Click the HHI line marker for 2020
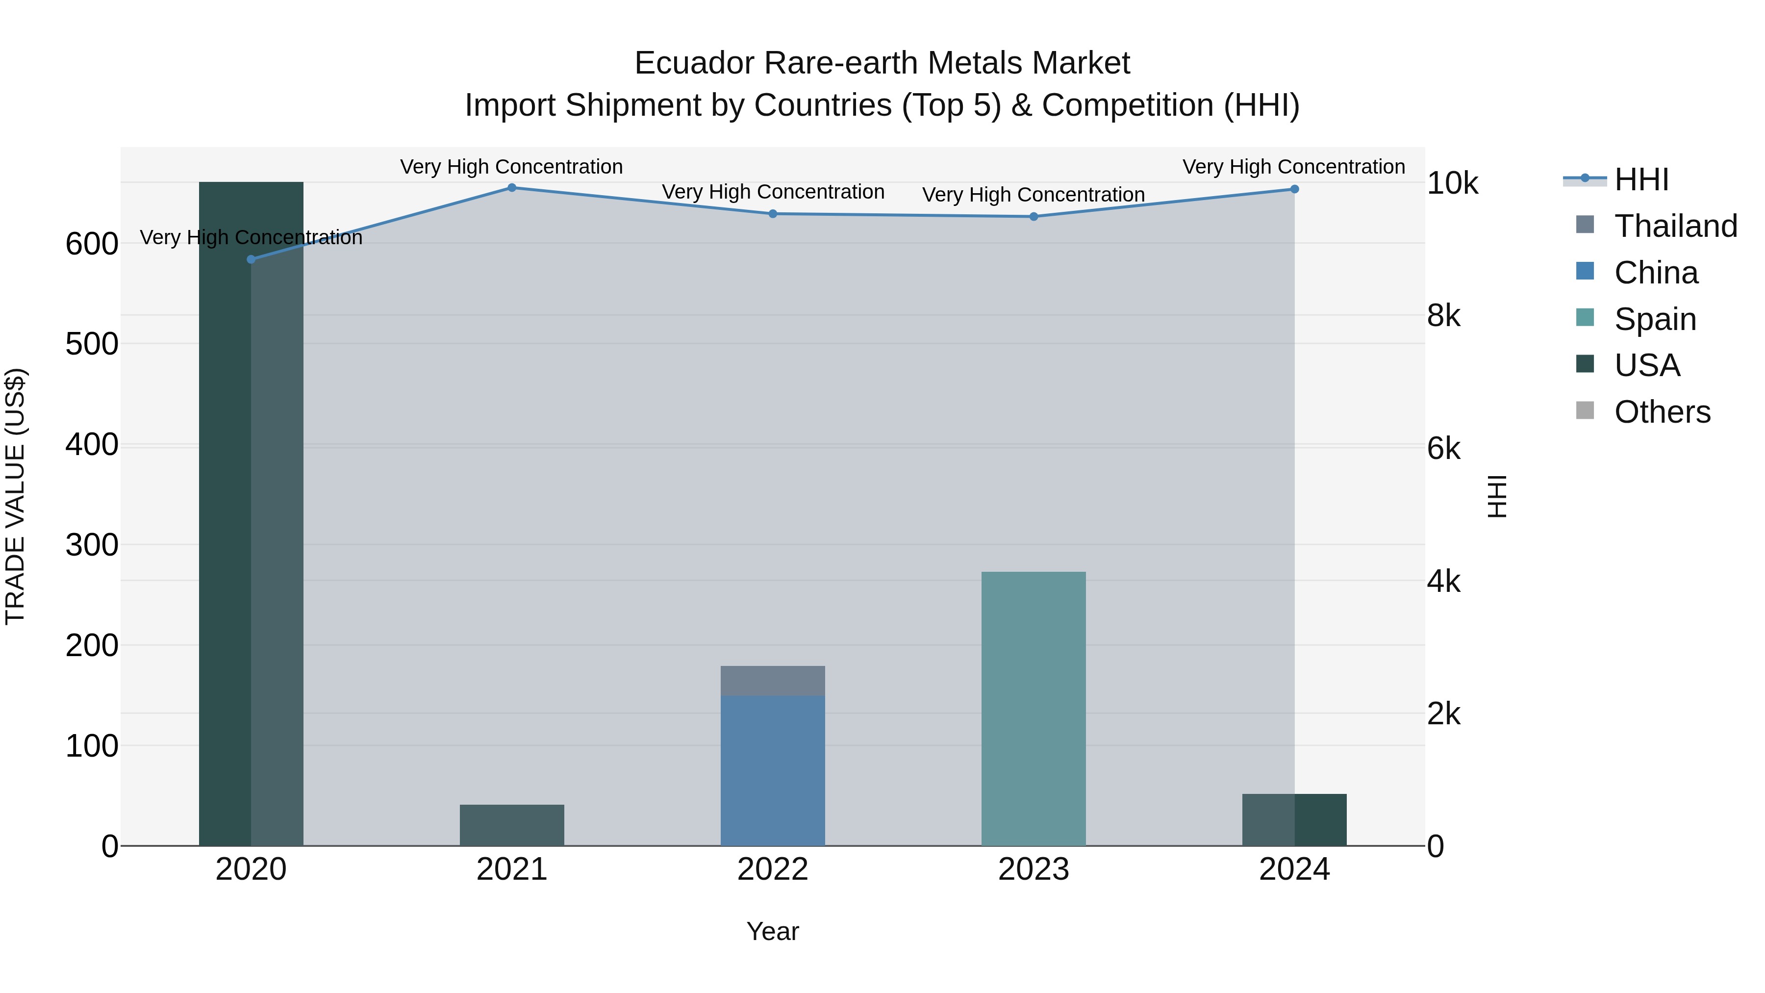(x=251, y=259)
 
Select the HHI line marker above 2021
(x=512, y=188)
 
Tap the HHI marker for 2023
(x=1034, y=217)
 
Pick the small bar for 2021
(x=512, y=825)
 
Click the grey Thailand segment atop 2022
(x=773, y=681)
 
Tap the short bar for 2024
(x=1294, y=819)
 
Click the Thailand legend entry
(x=1675, y=226)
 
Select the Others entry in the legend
(x=1662, y=412)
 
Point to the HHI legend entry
(x=1641, y=179)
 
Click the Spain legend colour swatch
(x=1585, y=318)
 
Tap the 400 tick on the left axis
(x=92, y=445)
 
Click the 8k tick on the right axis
(x=1444, y=316)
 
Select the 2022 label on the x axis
(x=773, y=869)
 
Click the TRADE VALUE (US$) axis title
(x=15, y=496)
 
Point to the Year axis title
(x=772, y=931)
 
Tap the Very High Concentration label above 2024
(x=1294, y=167)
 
